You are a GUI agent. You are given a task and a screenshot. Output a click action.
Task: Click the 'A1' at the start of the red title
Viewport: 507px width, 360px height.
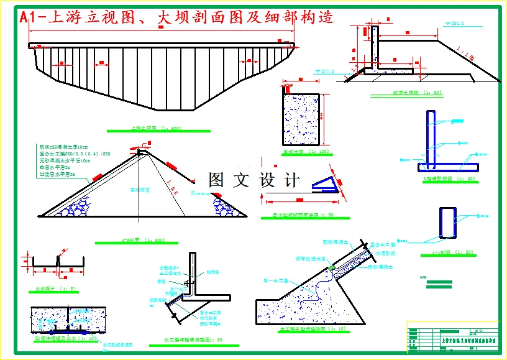tap(29, 17)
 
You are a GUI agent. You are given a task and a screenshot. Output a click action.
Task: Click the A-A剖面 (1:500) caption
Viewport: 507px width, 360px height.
tap(142, 240)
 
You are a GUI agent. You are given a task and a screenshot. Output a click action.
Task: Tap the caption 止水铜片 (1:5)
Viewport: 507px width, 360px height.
tap(55, 288)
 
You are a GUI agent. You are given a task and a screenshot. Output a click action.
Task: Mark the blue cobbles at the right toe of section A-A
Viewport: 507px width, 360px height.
tap(227, 206)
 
